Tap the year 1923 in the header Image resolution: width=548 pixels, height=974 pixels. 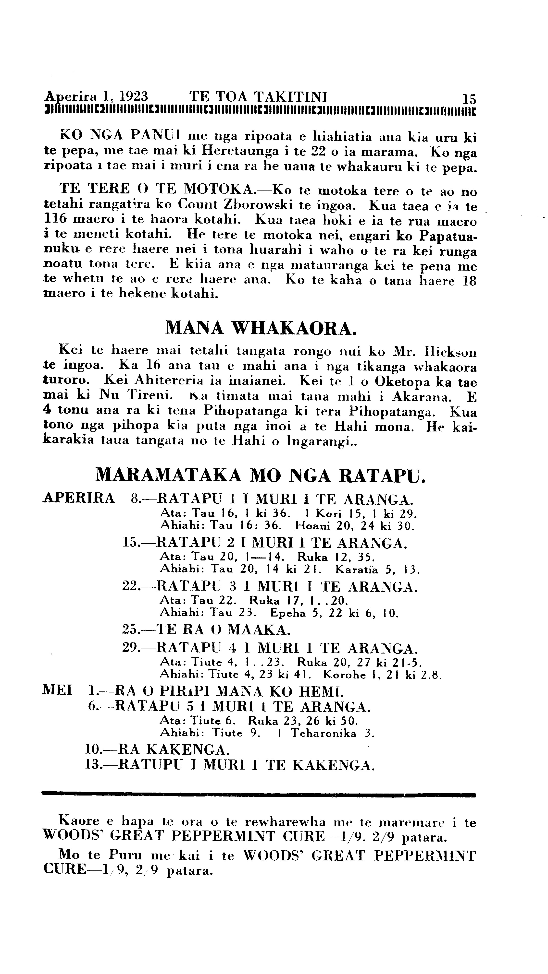(x=133, y=96)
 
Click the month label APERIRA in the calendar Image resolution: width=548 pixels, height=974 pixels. (x=79, y=498)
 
